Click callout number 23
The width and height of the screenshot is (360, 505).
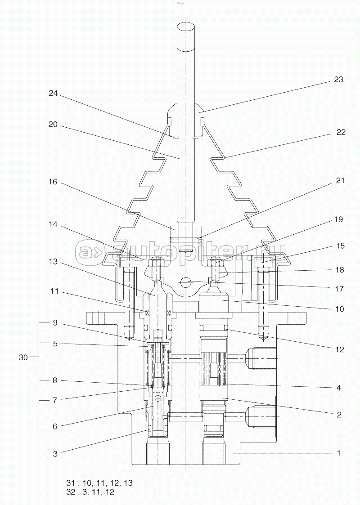point(338,79)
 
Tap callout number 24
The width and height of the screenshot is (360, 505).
point(53,93)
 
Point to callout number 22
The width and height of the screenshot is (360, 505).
point(341,132)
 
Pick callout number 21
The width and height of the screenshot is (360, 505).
point(340,180)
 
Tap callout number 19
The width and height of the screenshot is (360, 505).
point(338,219)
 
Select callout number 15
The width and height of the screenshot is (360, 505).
point(340,246)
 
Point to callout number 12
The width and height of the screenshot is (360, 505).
point(339,349)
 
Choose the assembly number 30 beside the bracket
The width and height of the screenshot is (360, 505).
point(23,357)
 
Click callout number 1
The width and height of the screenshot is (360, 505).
point(339,453)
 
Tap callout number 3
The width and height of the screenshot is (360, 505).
point(55,454)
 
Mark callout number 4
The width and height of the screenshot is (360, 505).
point(339,388)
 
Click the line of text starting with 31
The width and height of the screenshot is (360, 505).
point(99,483)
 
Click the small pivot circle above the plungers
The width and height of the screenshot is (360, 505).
point(186,282)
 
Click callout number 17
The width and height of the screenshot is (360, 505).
point(339,289)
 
